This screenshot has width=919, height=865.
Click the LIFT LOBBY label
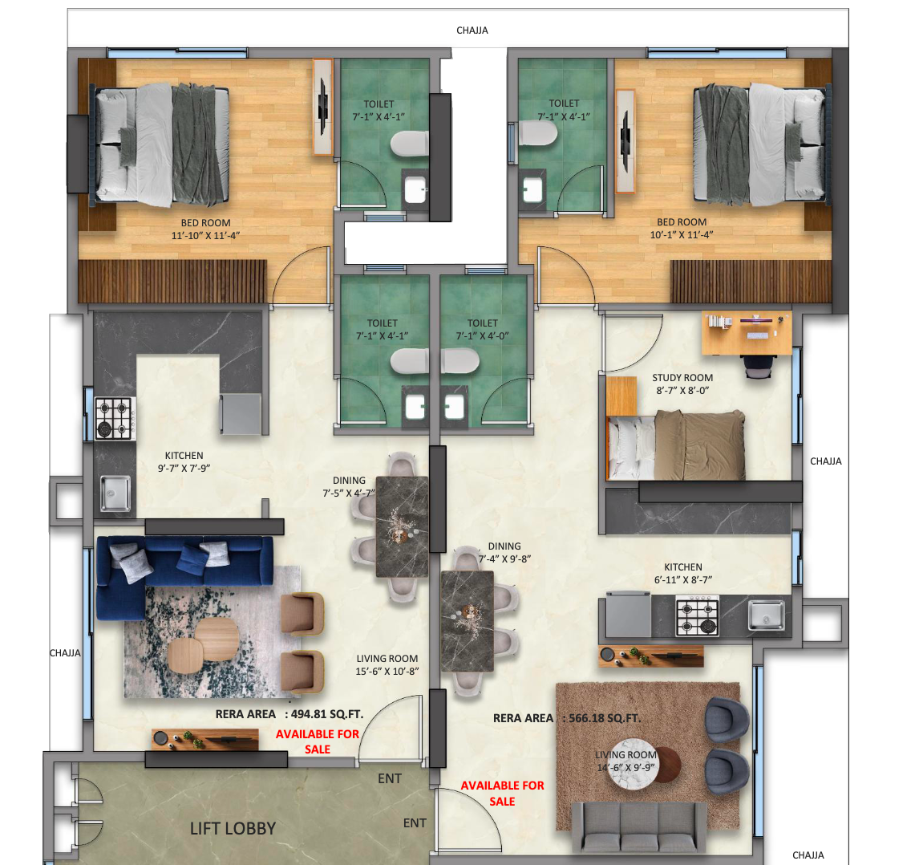point(233,828)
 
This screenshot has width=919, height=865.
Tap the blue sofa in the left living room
point(176,572)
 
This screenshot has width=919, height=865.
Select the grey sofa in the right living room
point(639,826)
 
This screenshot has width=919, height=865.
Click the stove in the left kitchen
point(115,418)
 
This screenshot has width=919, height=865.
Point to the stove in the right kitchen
point(698,615)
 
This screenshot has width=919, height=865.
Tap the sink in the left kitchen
point(116,493)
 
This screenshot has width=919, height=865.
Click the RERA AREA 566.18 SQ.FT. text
point(567,718)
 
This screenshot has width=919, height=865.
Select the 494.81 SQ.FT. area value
point(327,713)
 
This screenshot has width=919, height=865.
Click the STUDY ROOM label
point(682,378)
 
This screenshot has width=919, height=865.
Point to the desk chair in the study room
point(759,366)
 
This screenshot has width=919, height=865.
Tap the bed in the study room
point(676,445)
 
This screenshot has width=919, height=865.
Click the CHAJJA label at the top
point(472,30)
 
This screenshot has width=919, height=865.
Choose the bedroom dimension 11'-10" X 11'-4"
point(206,235)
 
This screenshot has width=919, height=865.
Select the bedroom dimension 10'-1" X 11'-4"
point(681,234)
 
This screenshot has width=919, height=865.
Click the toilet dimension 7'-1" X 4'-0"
point(483,336)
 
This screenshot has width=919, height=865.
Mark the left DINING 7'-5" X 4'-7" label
point(349,487)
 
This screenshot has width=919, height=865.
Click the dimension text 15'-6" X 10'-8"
point(387,672)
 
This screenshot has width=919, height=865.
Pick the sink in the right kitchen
point(767,615)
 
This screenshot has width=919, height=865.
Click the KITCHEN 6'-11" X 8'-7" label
point(682,574)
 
